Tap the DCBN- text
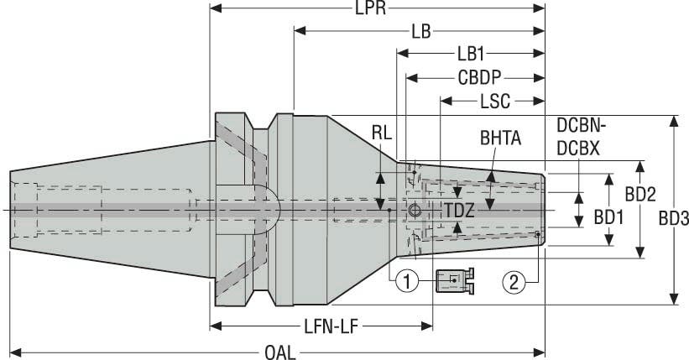tap(582, 126)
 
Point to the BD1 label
tap(609, 217)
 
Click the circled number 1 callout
tap(407, 282)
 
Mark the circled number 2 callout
tap(515, 282)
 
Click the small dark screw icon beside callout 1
tap(454, 281)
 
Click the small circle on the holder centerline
tap(414, 209)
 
